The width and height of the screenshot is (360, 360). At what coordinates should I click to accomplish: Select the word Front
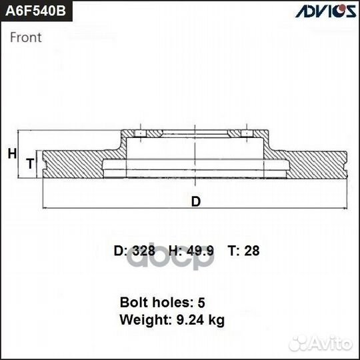26,37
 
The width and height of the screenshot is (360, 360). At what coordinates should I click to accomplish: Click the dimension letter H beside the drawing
11,154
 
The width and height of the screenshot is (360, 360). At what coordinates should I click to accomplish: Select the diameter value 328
143,251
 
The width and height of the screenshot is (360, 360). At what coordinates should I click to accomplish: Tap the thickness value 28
253,251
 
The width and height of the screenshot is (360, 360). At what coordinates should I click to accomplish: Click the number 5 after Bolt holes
220,302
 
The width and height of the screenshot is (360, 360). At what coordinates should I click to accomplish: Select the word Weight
143,320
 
